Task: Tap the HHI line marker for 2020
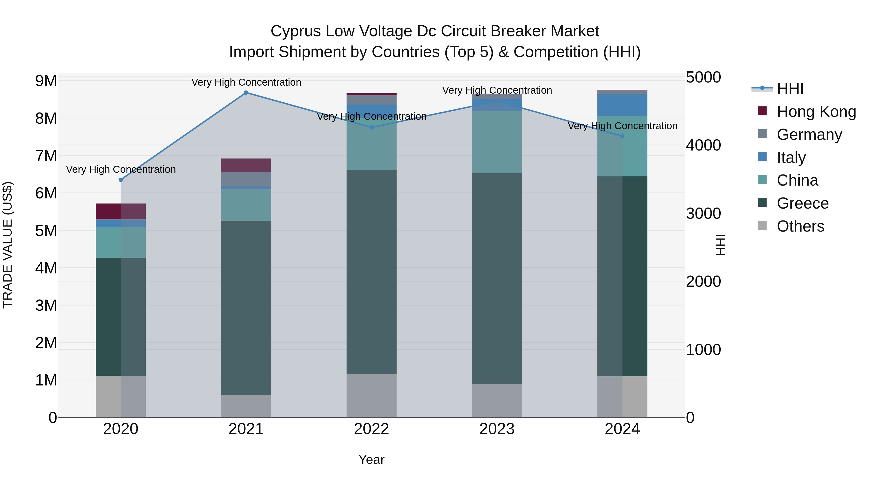coord(121,180)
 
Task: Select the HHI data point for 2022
coord(371,128)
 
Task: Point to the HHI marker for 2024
coord(623,136)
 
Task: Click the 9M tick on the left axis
coord(46,81)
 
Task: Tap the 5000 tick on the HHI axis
coord(703,77)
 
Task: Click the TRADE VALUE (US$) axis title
coord(8,245)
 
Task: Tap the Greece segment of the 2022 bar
coord(371,271)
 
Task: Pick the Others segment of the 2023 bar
coord(497,401)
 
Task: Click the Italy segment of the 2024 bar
coord(623,105)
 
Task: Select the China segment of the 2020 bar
coord(121,242)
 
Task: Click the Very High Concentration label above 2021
coord(246,83)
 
